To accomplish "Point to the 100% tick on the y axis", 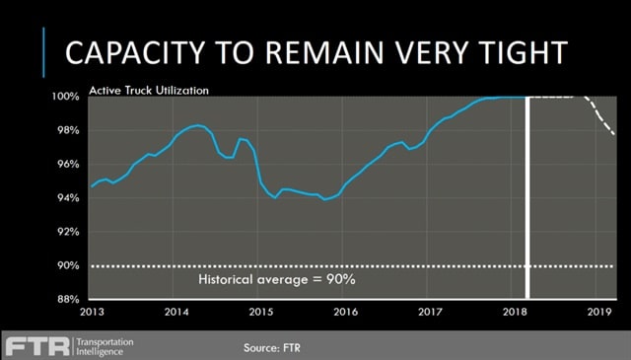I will [67, 97].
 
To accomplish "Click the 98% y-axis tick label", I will [69, 130].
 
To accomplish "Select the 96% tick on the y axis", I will [69, 164].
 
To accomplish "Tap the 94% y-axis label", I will [69, 198].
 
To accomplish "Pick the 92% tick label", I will [69, 232].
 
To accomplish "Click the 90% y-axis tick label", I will [69, 265].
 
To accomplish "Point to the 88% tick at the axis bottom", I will [69, 299].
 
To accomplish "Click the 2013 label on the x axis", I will [92, 312].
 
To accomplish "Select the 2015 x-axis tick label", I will [261, 312].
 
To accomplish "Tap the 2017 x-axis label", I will [428, 312].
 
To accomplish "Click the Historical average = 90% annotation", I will [277, 280].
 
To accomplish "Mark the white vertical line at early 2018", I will [528, 197].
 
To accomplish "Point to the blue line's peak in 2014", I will [198, 125].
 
